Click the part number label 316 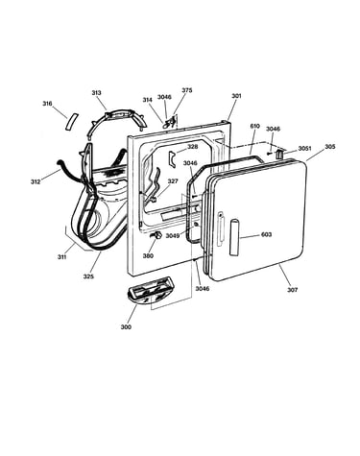coord(47,104)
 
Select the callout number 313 coord(96,93)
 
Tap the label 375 coord(187,90)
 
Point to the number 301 coord(236,96)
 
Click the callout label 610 coord(255,126)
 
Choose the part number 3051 coord(304,149)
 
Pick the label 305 coord(330,147)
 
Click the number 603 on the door coord(266,234)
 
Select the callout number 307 coord(292,290)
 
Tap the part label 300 coord(126,327)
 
